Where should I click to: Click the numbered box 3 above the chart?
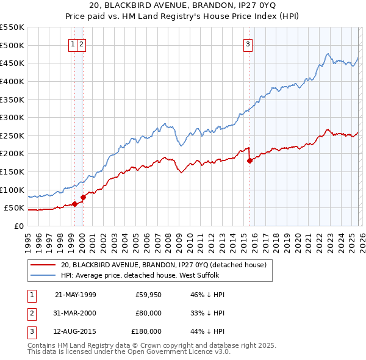coord(248,43)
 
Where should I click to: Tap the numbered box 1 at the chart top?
coord(73,43)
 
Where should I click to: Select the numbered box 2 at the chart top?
coord(82,43)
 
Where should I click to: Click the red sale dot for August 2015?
coord(249,161)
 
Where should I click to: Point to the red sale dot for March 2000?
coord(83,197)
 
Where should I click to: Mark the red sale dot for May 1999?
coord(74,204)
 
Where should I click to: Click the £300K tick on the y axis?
coord(12,117)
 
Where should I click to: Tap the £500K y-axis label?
coord(12,45)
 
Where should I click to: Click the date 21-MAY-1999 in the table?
coord(75,295)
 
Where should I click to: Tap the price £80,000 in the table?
coord(148,313)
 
